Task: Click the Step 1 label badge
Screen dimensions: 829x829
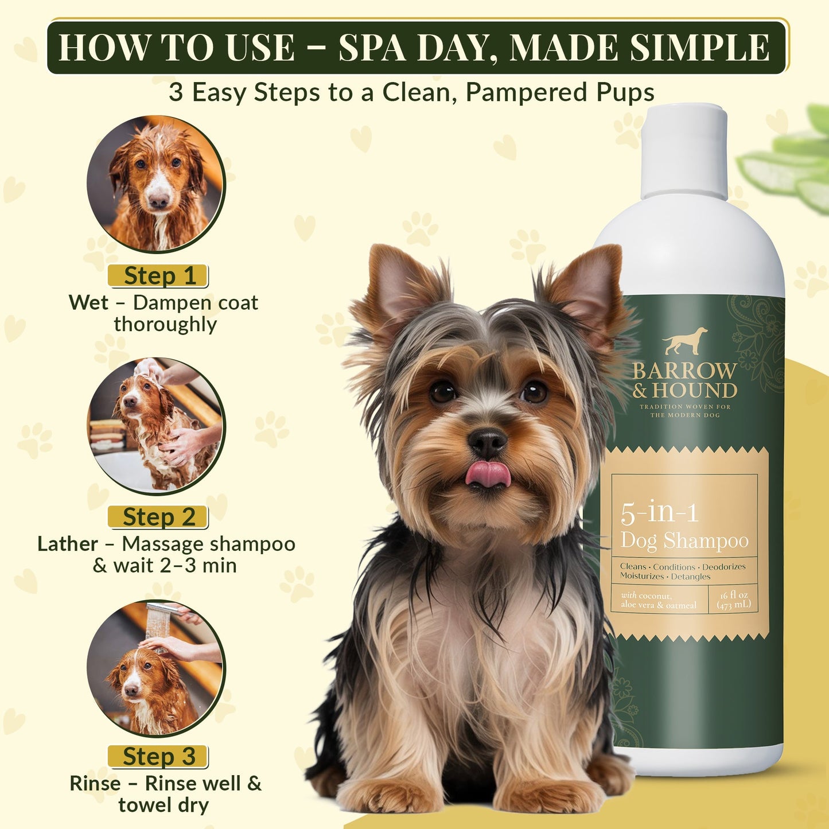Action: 158,276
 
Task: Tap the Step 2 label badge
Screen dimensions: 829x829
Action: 158,517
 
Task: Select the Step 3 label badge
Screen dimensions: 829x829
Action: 158,757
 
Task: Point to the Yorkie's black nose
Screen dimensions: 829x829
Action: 487,442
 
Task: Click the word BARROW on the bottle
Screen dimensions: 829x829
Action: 684,371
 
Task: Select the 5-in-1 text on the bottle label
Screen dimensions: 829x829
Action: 659,512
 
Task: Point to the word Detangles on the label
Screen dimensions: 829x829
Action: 691,577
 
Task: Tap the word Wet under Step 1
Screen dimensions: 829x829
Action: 88,302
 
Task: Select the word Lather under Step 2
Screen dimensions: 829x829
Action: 67,543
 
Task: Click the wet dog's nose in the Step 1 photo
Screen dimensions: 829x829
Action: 158,201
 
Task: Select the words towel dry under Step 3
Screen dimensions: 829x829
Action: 164,805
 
